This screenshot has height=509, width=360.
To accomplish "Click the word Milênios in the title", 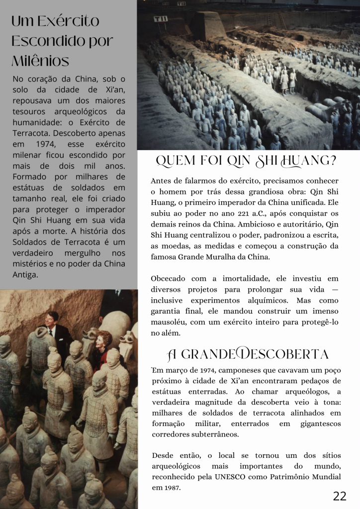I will pos(40,61).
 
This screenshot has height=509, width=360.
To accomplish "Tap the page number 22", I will pos(340,496).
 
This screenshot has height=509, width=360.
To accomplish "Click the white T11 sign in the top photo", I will pos(161,19).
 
